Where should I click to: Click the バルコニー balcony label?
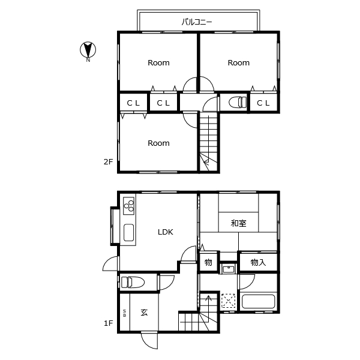click(197, 22)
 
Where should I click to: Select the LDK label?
click(166, 232)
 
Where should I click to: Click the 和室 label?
click(239, 223)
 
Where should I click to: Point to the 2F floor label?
click(109, 162)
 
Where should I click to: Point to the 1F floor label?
click(109, 323)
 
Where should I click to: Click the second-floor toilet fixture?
click(238, 102)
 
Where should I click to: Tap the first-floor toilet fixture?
click(133, 282)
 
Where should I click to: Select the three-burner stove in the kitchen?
click(128, 206)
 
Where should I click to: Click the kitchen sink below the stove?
click(128, 232)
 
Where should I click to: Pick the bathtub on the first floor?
click(258, 302)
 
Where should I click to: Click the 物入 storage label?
click(258, 262)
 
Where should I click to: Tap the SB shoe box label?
click(125, 313)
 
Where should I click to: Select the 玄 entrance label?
click(144, 313)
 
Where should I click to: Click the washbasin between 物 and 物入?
click(228, 268)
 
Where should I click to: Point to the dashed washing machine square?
click(228, 301)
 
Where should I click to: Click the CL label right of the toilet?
click(263, 103)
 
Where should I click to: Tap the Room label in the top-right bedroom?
click(239, 62)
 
